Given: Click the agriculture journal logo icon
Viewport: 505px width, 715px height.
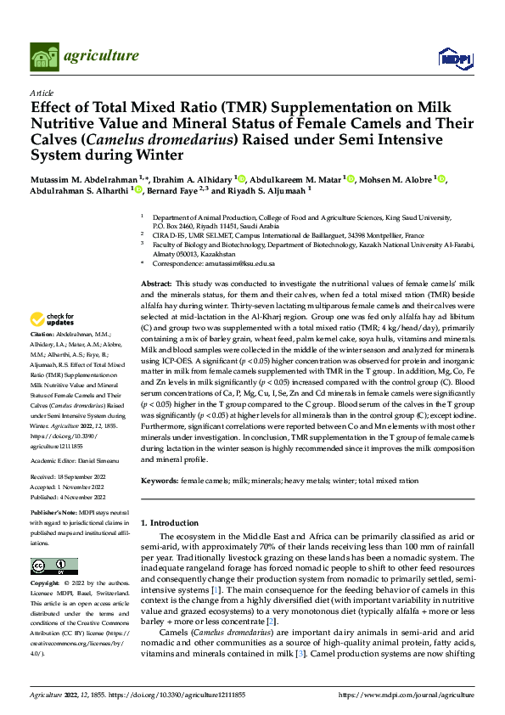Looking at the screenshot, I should (x=43, y=56).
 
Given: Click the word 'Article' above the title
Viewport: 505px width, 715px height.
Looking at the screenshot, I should (x=41, y=92).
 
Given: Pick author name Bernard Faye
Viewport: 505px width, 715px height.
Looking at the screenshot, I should (x=177, y=192).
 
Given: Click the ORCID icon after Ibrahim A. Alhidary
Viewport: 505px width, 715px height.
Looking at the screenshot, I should (x=241, y=179).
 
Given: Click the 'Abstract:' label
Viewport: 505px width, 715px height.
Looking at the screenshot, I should (x=156, y=283).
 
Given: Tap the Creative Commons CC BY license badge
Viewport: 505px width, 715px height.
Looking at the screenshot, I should (x=53, y=566).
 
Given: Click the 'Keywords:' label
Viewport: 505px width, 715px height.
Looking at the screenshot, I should (x=160, y=480).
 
